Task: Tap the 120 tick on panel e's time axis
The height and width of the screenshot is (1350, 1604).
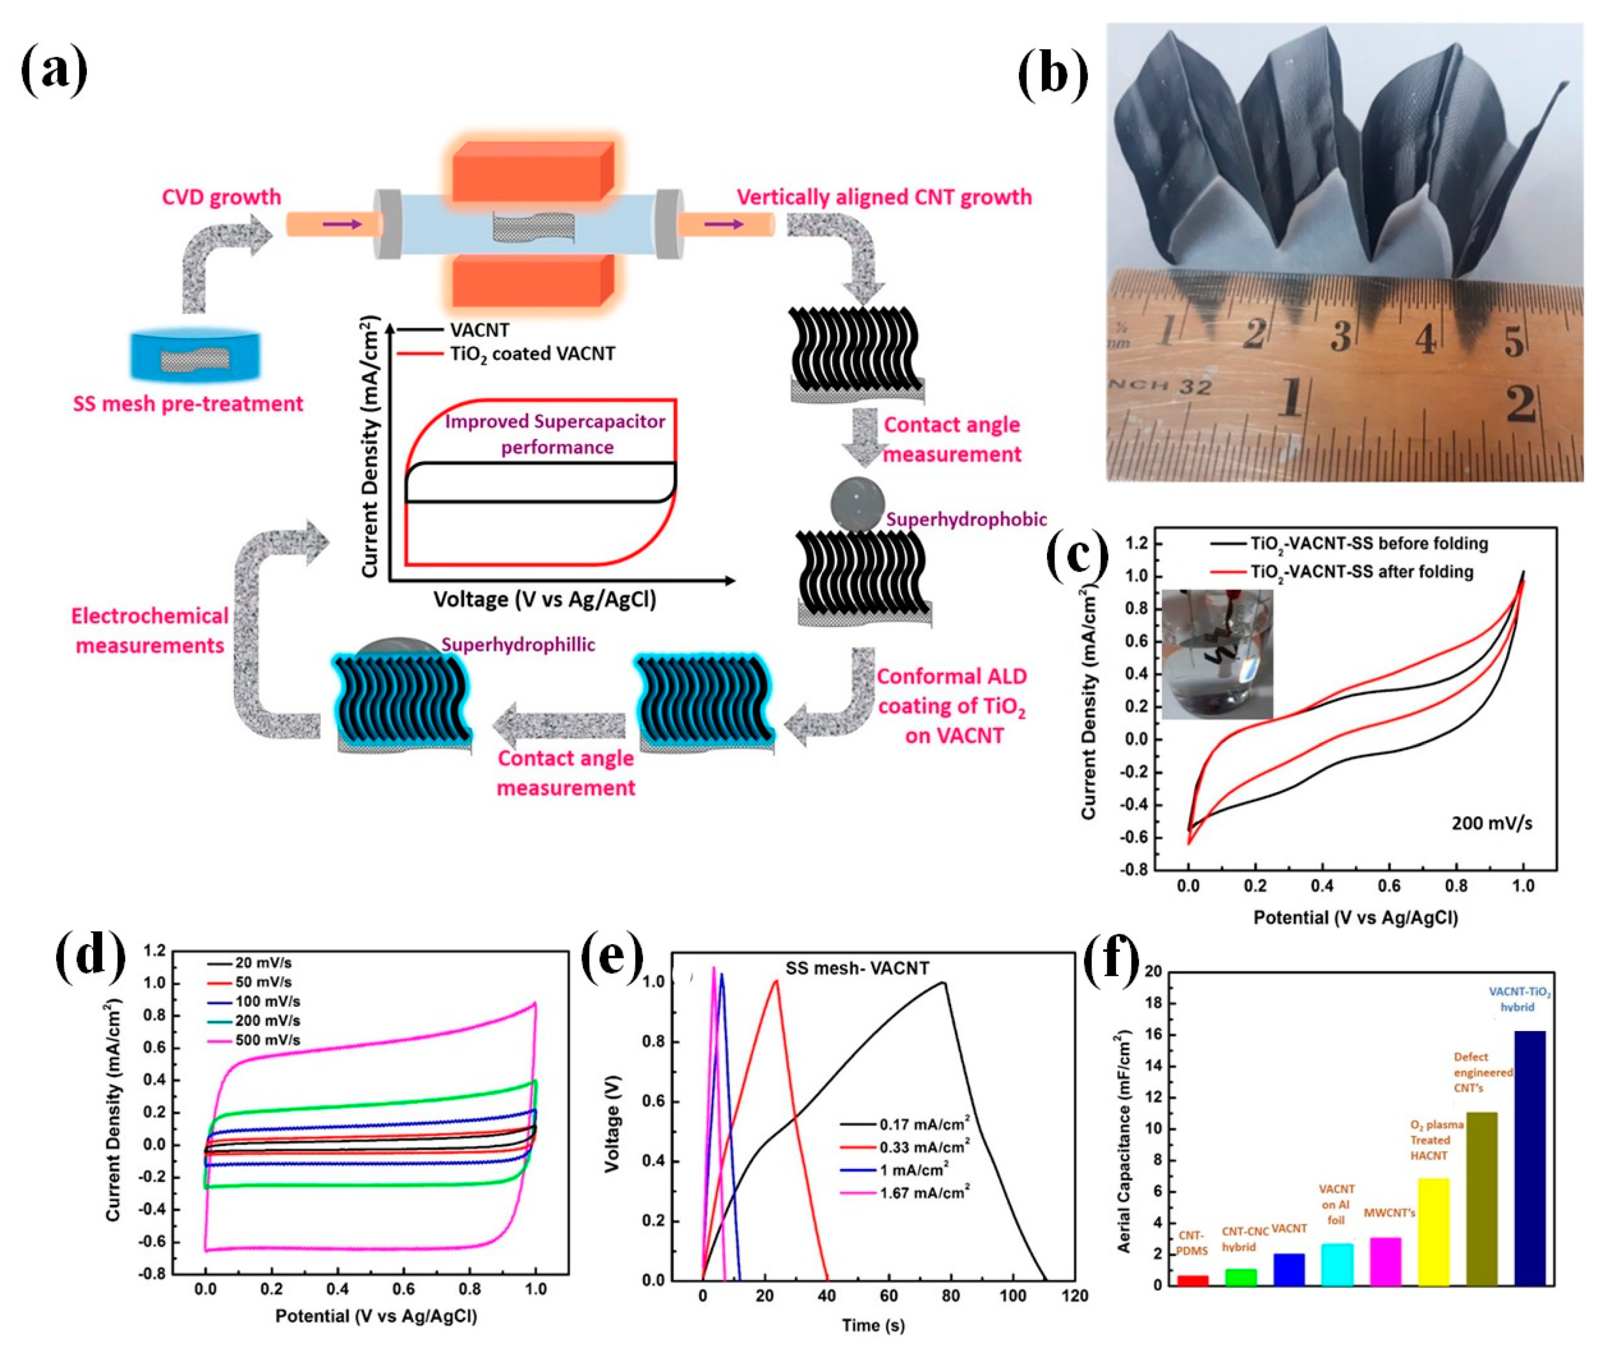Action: point(1075,1296)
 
